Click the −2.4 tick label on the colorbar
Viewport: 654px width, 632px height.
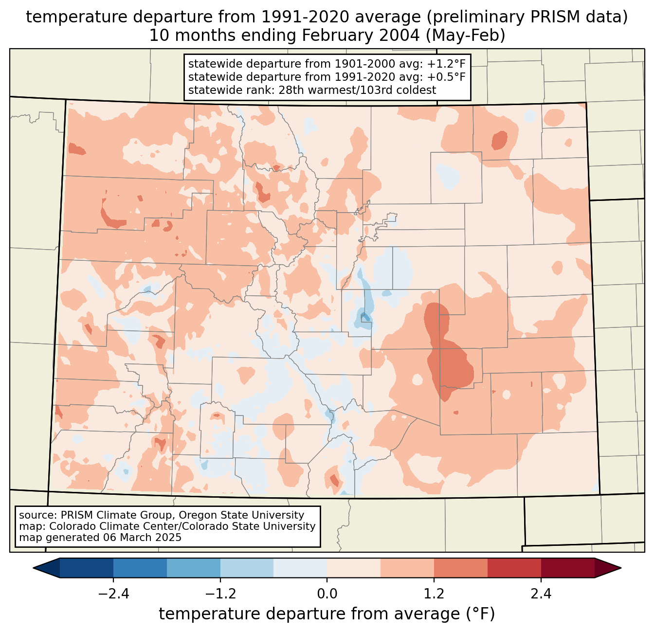point(113,594)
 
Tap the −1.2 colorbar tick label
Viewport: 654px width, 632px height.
point(220,594)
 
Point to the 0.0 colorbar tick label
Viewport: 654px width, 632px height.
point(327,594)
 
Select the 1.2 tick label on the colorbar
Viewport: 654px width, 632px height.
point(434,594)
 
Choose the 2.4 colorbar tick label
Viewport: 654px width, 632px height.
point(541,594)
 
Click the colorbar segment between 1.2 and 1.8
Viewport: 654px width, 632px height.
point(460,568)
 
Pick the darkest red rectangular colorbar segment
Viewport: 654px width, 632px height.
point(567,568)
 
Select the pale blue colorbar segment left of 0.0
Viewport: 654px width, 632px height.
point(300,568)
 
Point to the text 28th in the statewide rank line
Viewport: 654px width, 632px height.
point(290,90)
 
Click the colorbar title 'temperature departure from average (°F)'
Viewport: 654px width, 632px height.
point(327,614)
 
